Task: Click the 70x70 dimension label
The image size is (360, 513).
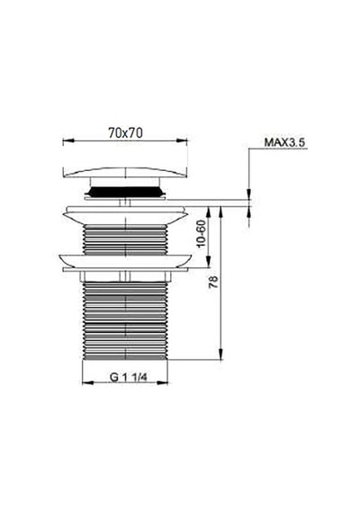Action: [125, 133]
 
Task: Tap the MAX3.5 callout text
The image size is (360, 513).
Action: [284, 142]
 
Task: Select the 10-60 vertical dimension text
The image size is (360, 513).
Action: [202, 234]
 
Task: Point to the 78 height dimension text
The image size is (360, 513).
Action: [213, 282]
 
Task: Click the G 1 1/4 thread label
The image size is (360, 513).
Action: [129, 377]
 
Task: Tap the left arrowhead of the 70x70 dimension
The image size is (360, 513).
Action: [67, 140]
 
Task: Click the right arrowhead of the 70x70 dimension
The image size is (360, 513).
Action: [183, 140]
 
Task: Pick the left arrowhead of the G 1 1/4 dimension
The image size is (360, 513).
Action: [87, 382]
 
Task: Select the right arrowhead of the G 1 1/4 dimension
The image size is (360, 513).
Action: [162, 382]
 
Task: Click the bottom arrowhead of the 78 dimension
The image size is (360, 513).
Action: [220, 355]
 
